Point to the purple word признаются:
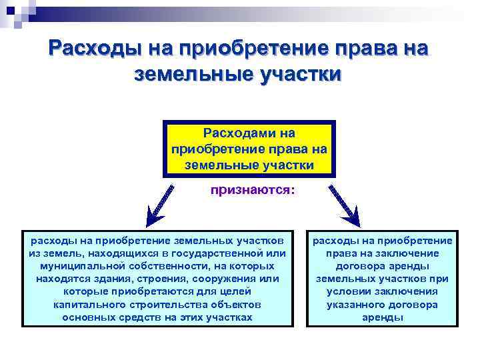tap(252, 190)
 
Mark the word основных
tap(87, 317)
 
